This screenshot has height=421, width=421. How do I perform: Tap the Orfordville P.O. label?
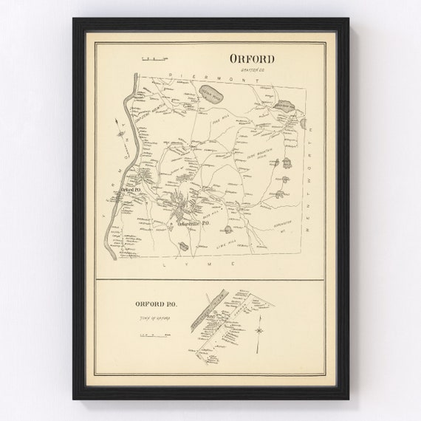(190, 225)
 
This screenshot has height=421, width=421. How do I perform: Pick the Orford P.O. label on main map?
(131, 190)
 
